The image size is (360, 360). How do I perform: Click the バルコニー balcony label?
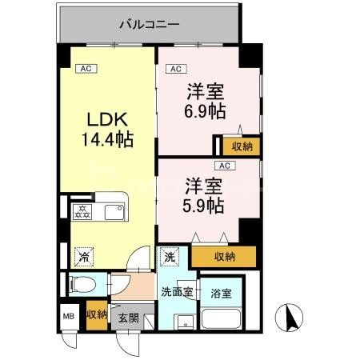(149, 24)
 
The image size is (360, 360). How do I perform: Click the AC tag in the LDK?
(86, 69)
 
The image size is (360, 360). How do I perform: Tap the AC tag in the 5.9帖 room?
(225, 166)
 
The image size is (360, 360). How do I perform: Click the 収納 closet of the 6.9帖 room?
(242, 146)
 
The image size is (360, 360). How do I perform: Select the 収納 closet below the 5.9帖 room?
(225, 256)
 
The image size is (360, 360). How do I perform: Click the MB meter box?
(68, 315)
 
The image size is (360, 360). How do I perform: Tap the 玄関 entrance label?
(128, 317)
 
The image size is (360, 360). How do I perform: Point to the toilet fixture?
(81, 283)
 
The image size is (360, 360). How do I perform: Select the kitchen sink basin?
(113, 212)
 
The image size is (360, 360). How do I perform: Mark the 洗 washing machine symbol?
(170, 258)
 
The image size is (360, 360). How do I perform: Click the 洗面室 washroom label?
(176, 291)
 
